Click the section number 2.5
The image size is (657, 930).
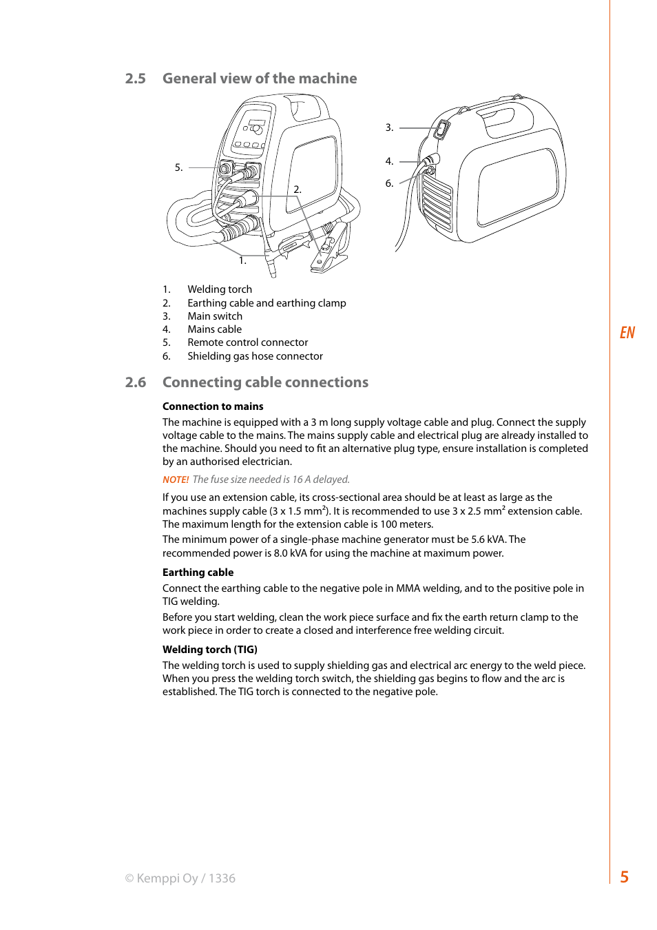pyautogui.click(x=136, y=79)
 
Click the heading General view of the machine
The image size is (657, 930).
pyautogui.click(x=260, y=79)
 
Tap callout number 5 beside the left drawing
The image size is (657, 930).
pyautogui.click(x=178, y=167)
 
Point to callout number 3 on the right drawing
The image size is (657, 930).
pyautogui.click(x=389, y=127)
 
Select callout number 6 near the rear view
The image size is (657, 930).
pyautogui.click(x=389, y=183)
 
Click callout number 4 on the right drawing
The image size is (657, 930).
pyautogui.click(x=389, y=161)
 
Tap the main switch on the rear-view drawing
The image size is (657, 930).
pyautogui.click(x=441, y=128)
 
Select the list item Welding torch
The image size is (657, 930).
pyautogui.click(x=220, y=289)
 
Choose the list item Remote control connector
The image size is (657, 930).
pyautogui.click(x=247, y=342)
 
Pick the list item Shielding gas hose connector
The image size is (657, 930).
pyautogui.click(x=255, y=356)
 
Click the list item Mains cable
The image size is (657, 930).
pyautogui.click(x=214, y=329)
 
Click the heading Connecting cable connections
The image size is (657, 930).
pyautogui.click(x=265, y=382)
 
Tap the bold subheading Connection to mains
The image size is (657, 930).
pyautogui.click(x=213, y=406)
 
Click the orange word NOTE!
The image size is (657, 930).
pyautogui.click(x=176, y=479)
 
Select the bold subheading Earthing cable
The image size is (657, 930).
pyautogui.click(x=198, y=572)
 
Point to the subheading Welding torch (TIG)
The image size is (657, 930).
pyautogui.click(x=209, y=650)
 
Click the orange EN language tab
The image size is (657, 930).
pyautogui.click(x=627, y=333)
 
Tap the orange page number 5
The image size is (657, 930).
pyautogui.click(x=624, y=877)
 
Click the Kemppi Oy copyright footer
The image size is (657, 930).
pyautogui.click(x=180, y=878)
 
